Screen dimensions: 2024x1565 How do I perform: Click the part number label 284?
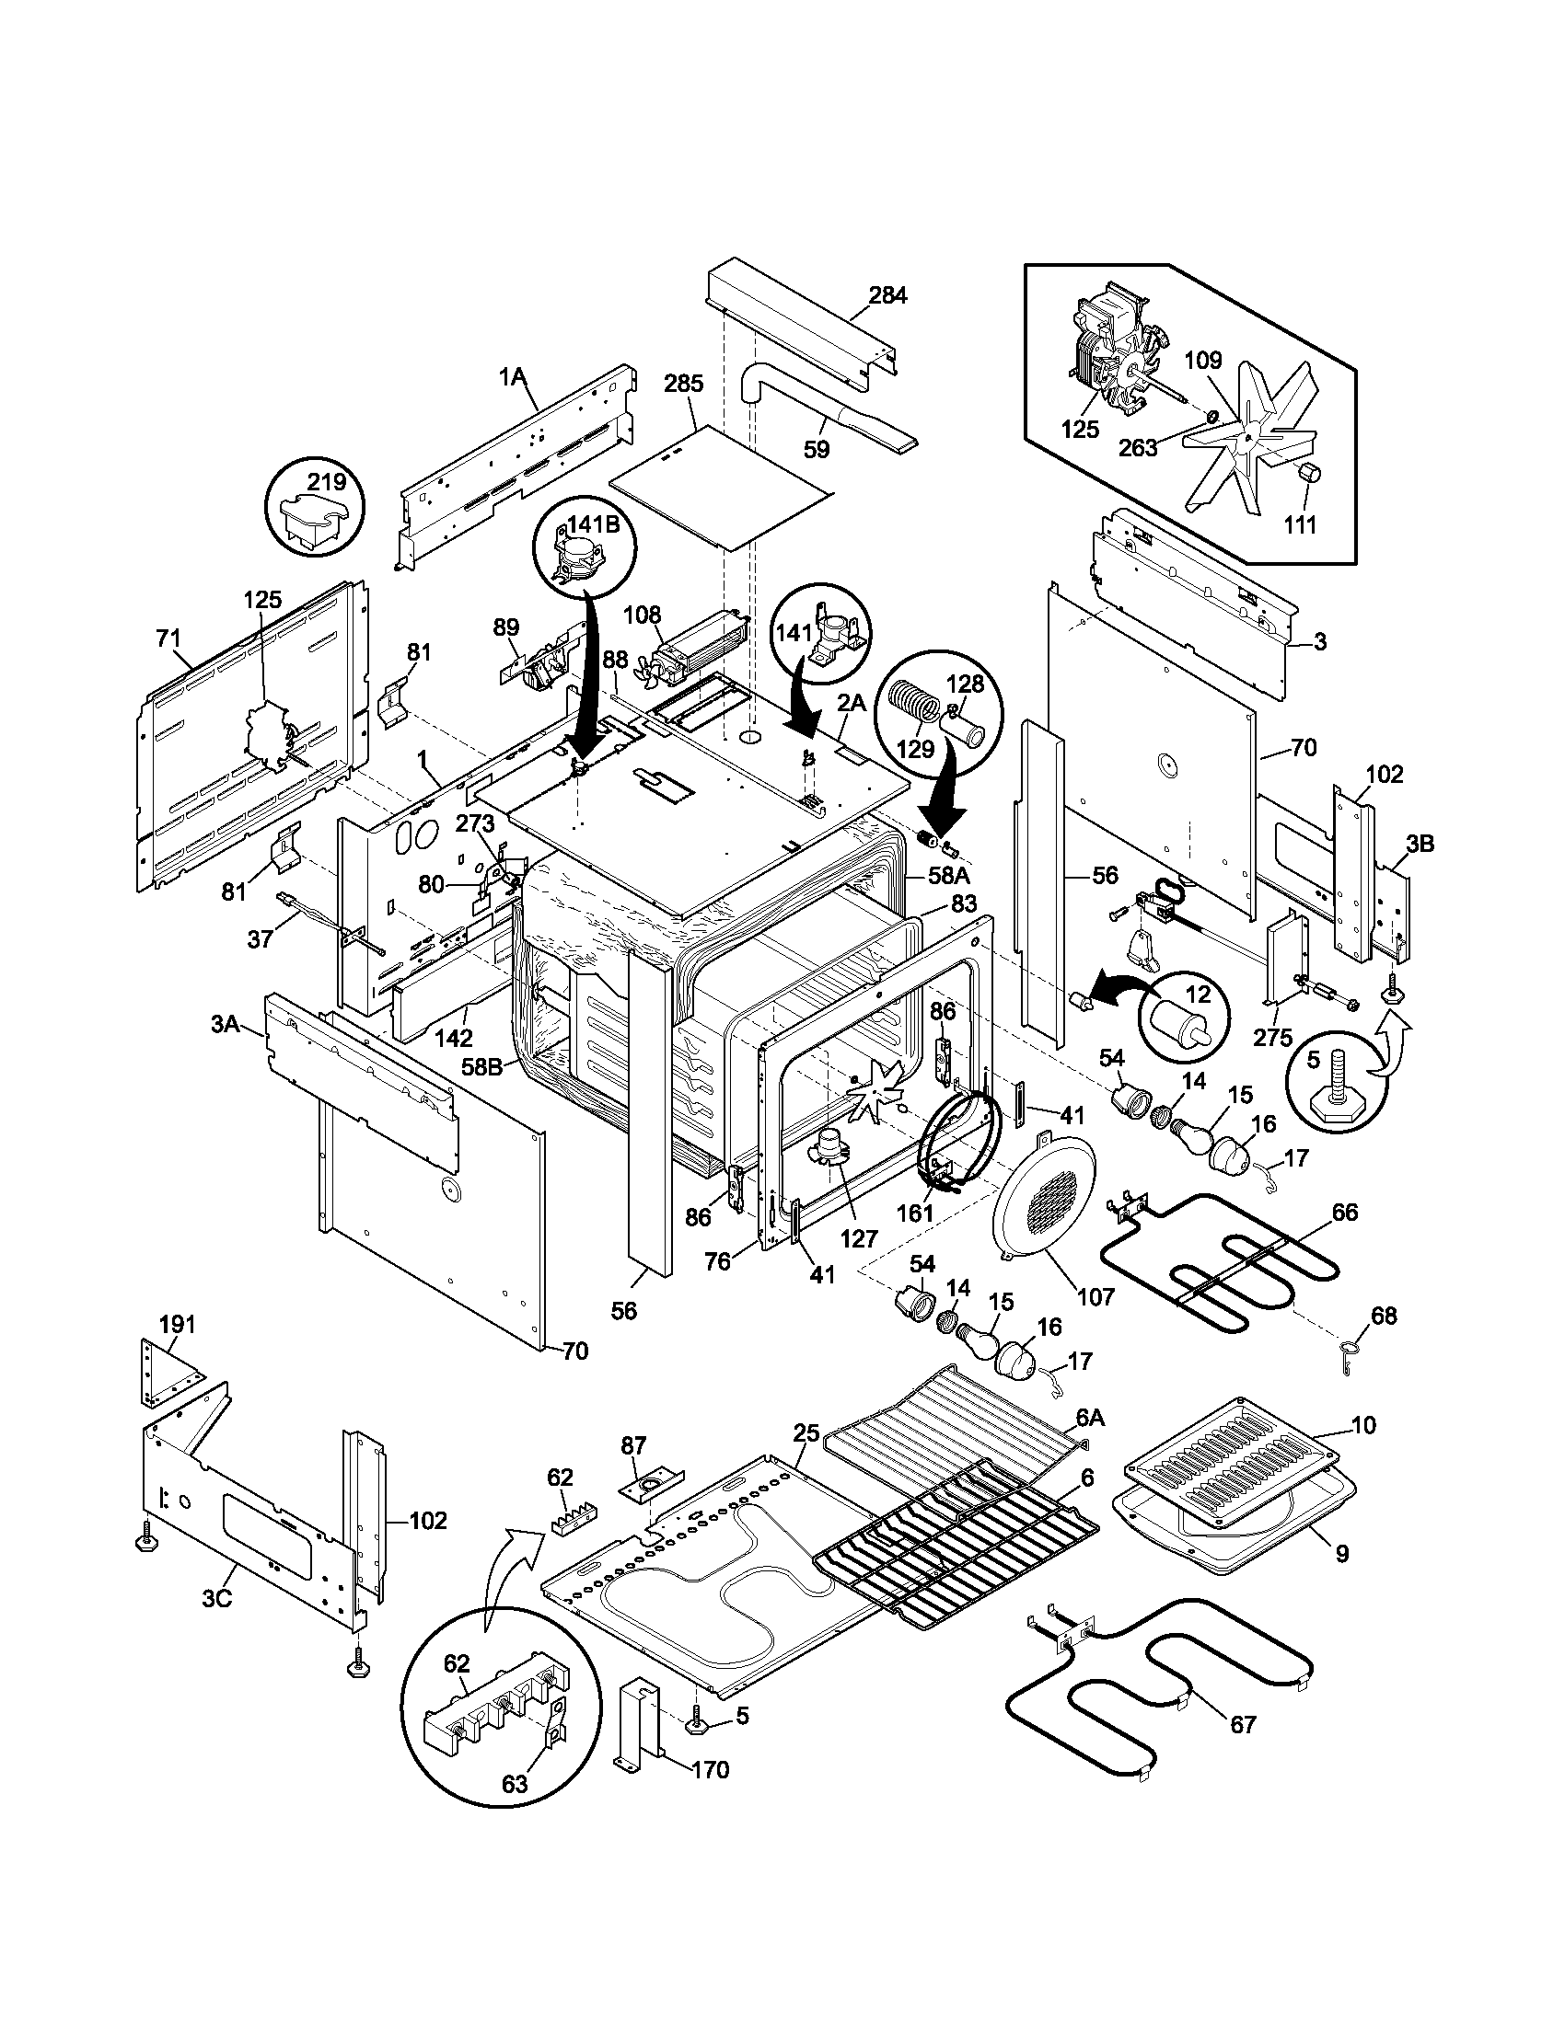point(887,295)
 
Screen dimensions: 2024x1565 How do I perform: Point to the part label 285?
point(683,384)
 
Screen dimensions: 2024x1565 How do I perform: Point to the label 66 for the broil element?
point(1344,1213)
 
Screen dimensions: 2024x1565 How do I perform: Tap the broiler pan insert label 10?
point(1362,1425)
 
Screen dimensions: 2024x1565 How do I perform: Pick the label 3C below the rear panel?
point(216,1601)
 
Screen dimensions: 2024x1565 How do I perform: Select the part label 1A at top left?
point(512,376)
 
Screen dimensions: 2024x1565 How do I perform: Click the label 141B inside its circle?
point(594,523)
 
